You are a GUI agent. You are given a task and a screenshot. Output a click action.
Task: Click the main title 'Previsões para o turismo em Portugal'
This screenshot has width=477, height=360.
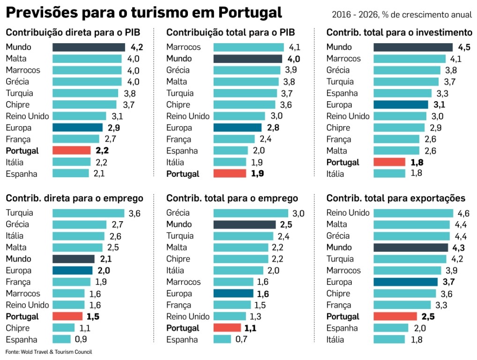coord(143,13)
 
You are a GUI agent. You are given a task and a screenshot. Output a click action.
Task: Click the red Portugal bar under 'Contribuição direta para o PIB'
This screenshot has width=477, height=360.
coord(71,150)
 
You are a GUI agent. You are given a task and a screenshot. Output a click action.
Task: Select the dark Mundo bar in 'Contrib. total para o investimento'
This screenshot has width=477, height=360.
coord(413,47)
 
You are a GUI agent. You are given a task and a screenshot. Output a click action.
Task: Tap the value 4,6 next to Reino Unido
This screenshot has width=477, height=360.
coord(463,213)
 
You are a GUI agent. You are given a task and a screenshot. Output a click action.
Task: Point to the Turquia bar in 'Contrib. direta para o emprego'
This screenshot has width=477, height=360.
coord(88,213)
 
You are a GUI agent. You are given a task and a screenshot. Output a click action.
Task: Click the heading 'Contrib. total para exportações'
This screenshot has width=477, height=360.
coord(395,198)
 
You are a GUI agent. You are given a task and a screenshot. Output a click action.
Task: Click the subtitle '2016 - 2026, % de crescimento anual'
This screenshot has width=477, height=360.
coord(402,15)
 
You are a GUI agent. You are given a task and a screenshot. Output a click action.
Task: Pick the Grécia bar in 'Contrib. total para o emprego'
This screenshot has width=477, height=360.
coord(251,213)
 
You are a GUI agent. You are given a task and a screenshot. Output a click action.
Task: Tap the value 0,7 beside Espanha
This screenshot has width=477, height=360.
coord(241,339)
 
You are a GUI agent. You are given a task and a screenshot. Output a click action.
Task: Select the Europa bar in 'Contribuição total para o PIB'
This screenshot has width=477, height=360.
coord(237,127)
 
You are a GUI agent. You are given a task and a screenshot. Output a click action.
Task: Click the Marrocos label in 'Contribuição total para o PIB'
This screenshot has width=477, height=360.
coord(183,47)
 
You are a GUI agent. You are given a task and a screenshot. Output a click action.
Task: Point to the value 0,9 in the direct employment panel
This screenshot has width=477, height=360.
coord(81,339)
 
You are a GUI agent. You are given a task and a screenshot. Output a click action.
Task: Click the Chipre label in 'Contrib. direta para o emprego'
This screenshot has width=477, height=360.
coord(17,328)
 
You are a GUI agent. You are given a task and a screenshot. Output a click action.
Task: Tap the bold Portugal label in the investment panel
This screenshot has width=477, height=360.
coord(343,162)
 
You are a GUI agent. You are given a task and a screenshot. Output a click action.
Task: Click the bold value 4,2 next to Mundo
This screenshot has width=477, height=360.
coord(136,47)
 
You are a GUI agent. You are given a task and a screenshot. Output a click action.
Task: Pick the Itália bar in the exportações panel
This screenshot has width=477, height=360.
coord(389,339)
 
